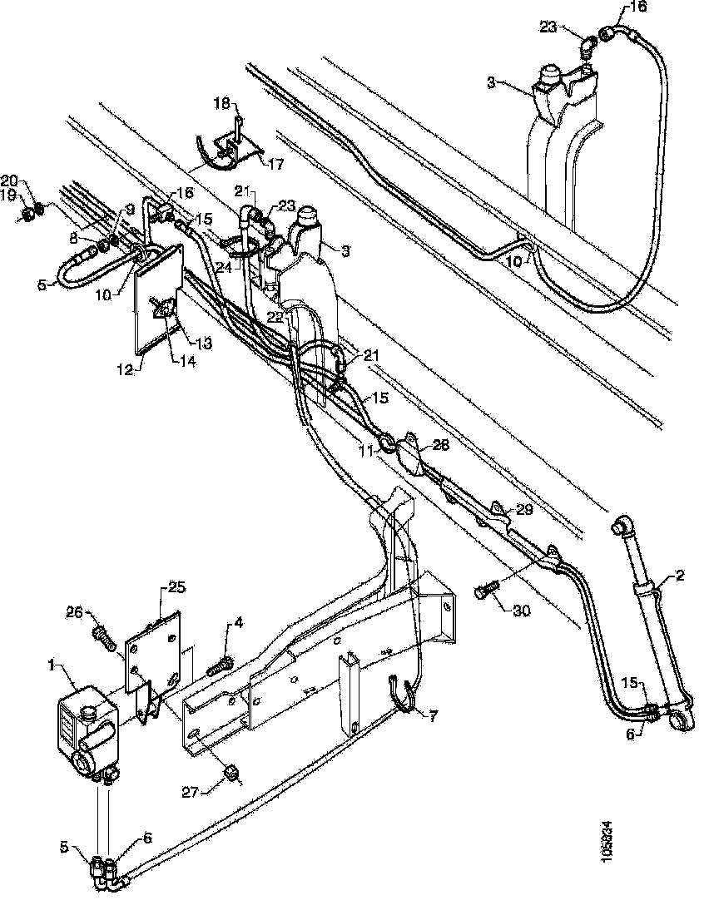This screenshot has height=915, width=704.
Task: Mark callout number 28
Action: coord(440,445)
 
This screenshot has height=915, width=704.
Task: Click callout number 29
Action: coord(523,510)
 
